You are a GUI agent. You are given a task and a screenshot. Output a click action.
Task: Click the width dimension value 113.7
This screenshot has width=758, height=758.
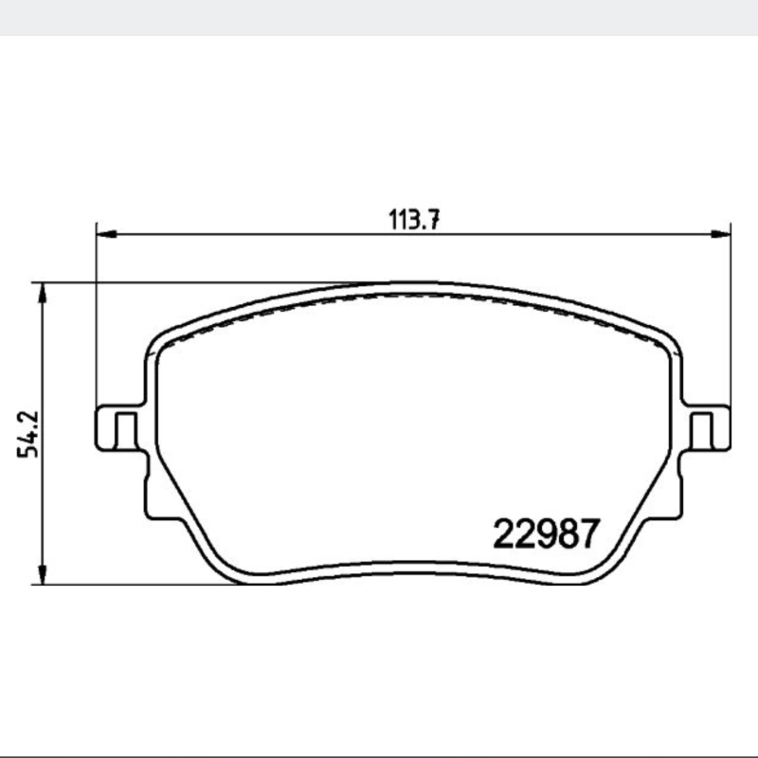pos(414,220)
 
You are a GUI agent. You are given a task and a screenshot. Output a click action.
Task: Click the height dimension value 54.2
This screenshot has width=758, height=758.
pos(27,434)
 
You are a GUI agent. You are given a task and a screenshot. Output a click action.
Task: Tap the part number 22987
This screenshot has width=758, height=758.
pos(547,533)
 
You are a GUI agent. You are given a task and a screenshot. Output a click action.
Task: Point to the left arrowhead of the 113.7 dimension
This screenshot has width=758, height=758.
pos(107,234)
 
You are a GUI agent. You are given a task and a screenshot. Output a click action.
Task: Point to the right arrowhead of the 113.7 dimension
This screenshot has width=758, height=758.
pos(720,234)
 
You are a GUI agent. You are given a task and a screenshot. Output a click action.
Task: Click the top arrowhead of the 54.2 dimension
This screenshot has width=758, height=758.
pos(43,293)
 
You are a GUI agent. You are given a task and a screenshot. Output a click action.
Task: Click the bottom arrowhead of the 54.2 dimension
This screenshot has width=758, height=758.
pos(43,574)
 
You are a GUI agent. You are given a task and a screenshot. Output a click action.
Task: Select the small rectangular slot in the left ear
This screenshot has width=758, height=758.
pos(126,431)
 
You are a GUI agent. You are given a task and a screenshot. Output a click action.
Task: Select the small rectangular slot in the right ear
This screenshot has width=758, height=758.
pos(702,431)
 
